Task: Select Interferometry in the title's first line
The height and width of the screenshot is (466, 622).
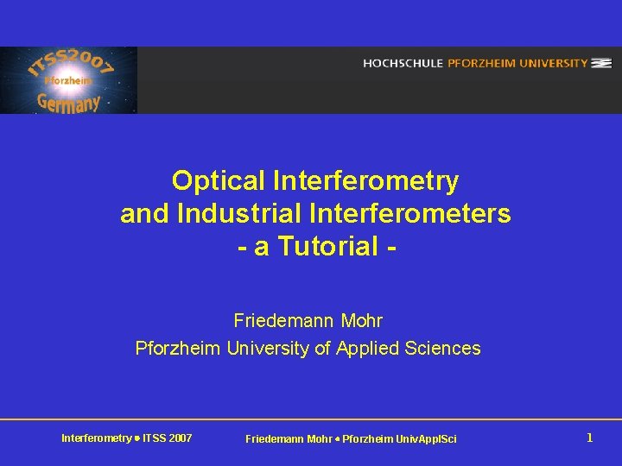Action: coord(365,181)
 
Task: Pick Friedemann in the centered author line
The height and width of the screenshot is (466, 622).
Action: coord(284,321)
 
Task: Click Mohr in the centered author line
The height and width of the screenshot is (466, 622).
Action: coord(362,321)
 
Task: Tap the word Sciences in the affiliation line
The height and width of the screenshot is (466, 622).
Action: coord(446,349)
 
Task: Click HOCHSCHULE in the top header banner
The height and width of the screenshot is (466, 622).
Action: coord(403,63)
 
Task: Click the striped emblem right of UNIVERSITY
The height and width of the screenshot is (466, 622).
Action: coord(602,63)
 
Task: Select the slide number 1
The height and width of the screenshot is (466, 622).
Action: coord(589,438)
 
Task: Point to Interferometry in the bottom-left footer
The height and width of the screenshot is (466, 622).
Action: coord(95,438)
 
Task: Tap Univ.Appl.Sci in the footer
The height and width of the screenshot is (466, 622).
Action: coord(425,439)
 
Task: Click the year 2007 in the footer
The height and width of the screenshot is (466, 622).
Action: coord(181,438)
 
